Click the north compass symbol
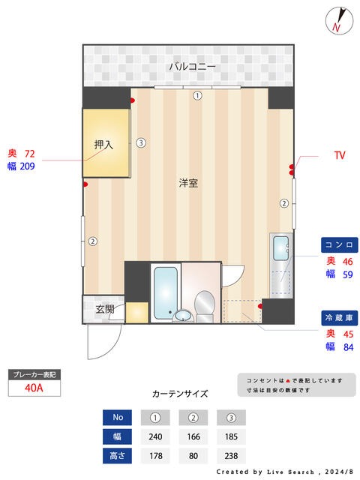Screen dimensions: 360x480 click(339, 20)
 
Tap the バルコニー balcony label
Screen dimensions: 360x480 click(192, 67)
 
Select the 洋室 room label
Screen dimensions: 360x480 click(188, 183)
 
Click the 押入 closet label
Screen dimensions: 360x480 click(103, 145)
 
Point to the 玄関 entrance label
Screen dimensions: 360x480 click(105, 309)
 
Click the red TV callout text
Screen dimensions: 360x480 click(340, 155)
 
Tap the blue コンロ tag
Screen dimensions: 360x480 click(339, 245)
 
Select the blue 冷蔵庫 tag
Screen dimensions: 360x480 click(339, 318)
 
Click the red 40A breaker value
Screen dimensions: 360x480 click(34, 388)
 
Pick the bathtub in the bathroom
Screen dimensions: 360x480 click(165, 293)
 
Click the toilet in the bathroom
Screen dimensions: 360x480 click(205, 306)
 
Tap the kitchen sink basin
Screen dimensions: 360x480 click(280, 248)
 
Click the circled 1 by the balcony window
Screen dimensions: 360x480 click(197, 96)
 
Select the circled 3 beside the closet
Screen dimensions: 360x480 click(141, 142)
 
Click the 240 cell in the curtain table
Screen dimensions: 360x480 click(155, 436)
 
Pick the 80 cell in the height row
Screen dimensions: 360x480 click(193, 456)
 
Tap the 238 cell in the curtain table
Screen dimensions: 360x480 click(231, 456)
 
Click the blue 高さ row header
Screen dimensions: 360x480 click(117, 456)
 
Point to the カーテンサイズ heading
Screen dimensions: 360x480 click(180, 394)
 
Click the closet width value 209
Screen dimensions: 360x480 click(27, 166)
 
